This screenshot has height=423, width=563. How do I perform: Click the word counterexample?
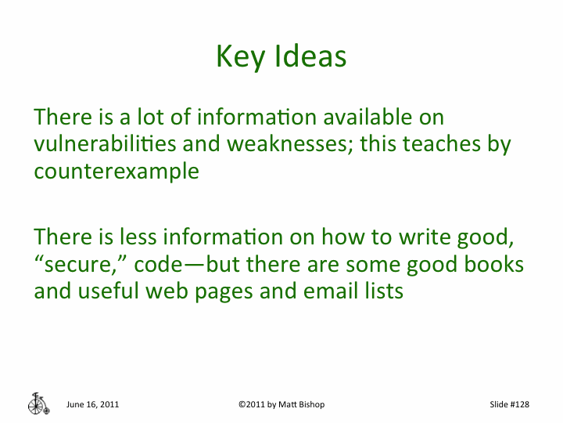pos(117,171)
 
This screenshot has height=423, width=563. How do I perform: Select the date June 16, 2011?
pos(93,404)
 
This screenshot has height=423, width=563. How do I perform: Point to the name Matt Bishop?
pos(303,404)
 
